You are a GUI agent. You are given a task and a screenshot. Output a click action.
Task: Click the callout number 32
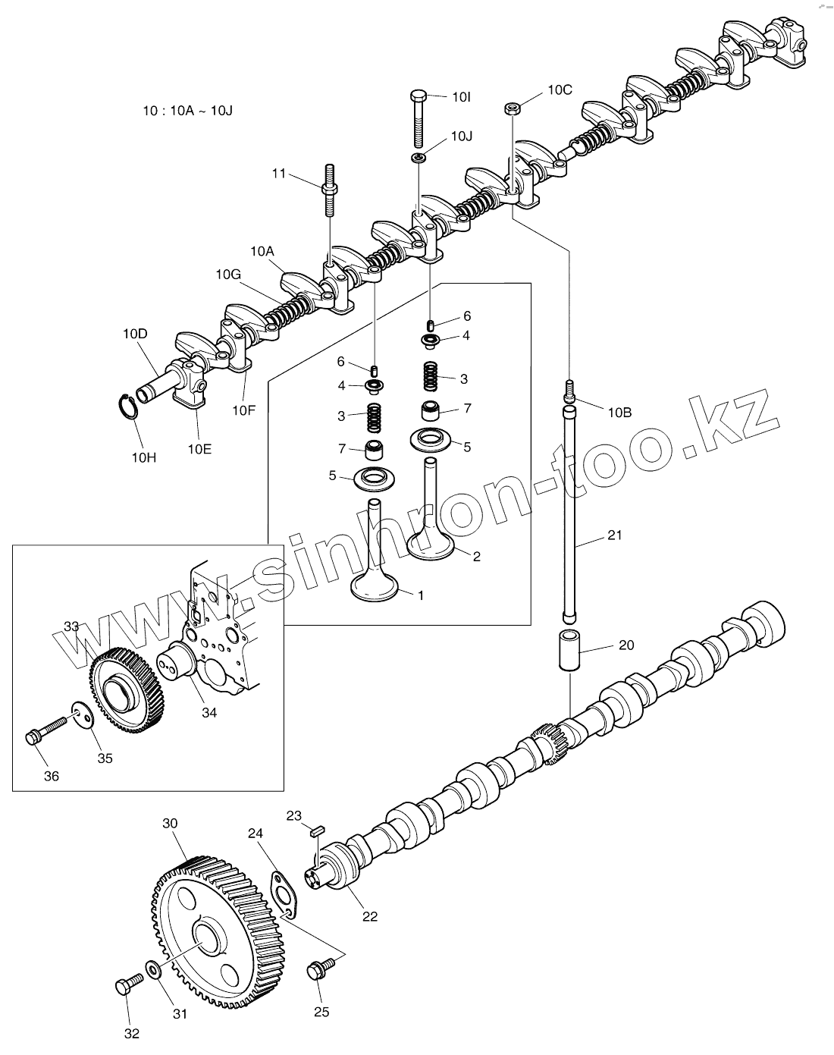[x=131, y=1032]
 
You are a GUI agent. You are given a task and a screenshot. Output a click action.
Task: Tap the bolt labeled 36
[x=45, y=730]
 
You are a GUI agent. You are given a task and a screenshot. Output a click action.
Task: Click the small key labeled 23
[x=316, y=831]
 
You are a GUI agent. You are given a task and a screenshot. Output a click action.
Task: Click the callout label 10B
[x=619, y=412]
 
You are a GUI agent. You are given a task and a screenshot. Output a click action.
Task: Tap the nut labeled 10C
[x=512, y=108]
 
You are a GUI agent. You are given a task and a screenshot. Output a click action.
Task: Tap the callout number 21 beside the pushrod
[x=614, y=535]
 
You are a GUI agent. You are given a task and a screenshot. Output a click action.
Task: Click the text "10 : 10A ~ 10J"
[x=187, y=110]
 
